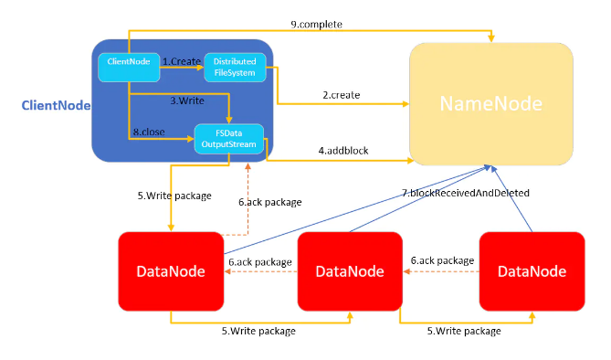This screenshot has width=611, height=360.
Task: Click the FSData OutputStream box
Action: [x=228, y=141]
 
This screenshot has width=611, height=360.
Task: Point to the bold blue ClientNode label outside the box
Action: [x=56, y=106]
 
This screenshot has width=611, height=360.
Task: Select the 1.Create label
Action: [x=181, y=60]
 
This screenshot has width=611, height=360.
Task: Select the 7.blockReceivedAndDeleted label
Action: [x=466, y=193]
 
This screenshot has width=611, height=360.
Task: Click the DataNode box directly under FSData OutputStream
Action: [x=170, y=271]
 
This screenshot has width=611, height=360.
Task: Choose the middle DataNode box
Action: [x=350, y=271]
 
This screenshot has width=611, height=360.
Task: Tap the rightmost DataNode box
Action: [x=532, y=271]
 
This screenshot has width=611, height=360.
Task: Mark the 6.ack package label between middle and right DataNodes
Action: [x=441, y=260]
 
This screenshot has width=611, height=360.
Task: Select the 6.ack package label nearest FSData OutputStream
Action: [x=269, y=202]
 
